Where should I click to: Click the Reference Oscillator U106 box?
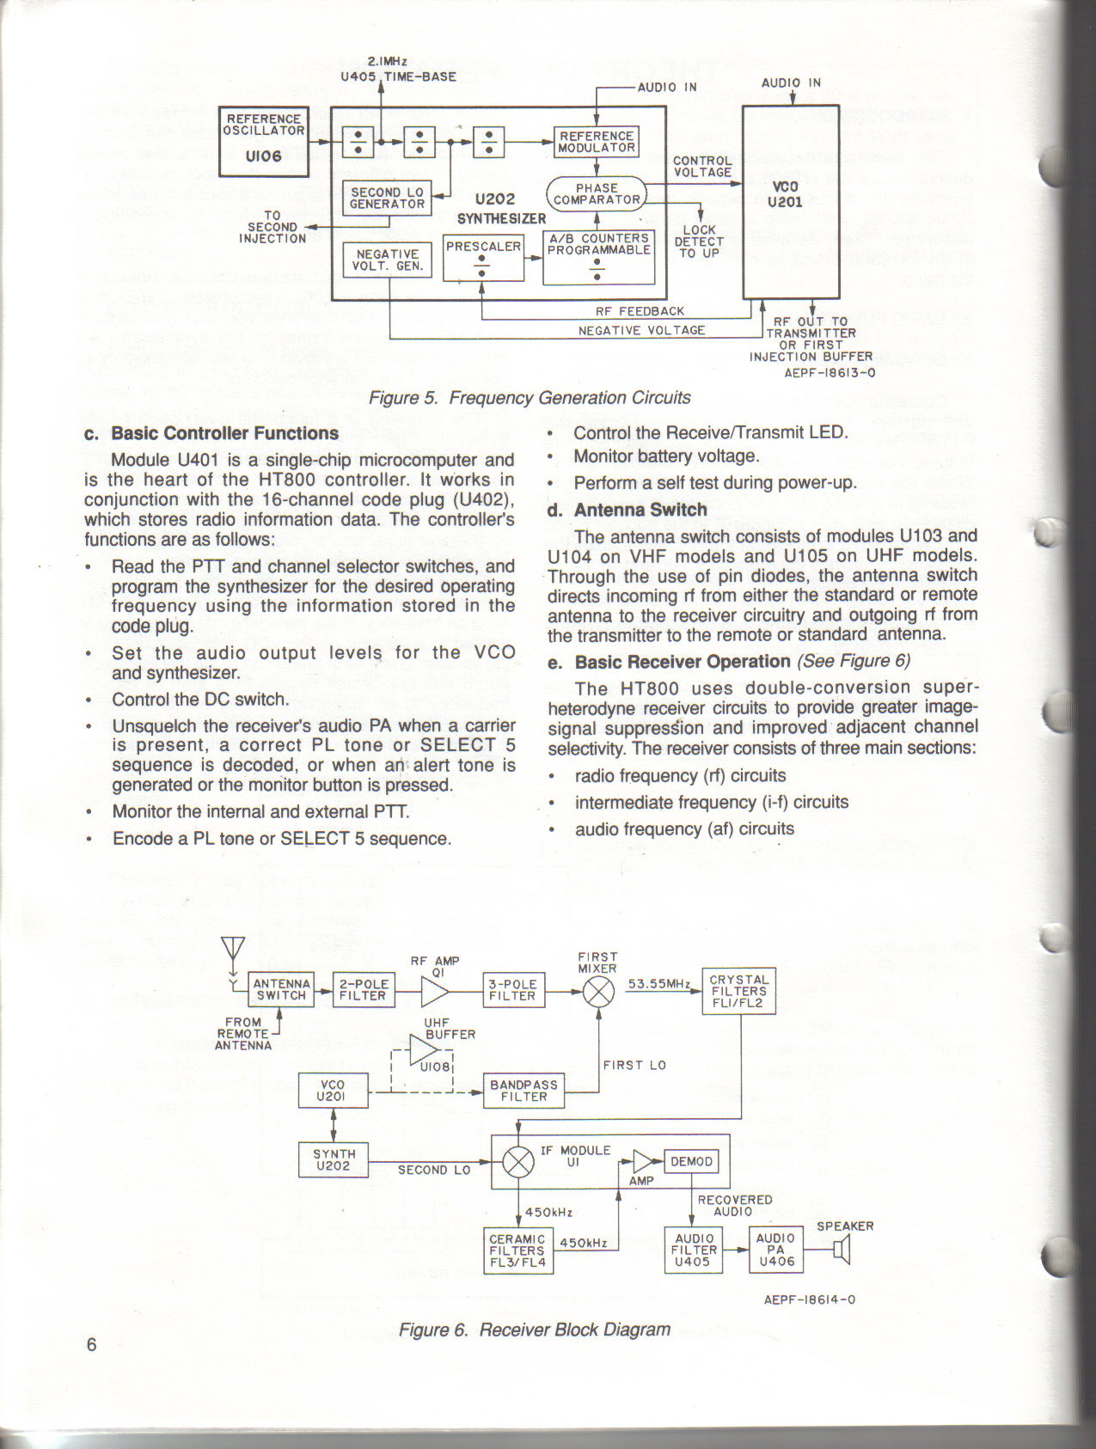point(263,141)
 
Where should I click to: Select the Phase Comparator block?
point(597,194)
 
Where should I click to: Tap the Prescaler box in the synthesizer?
point(483,257)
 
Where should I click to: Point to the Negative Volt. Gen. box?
point(387,260)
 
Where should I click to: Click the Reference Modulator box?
point(597,143)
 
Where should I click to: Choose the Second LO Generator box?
point(387,199)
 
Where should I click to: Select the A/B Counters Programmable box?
point(598,257)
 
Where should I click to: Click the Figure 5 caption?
point(530,398)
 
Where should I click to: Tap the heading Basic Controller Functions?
point(224,433)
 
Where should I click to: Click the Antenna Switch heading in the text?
point(640,510)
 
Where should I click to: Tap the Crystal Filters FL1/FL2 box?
point(738,991)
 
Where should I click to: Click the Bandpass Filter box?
point(524,1091)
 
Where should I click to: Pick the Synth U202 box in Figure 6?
point(334,1159)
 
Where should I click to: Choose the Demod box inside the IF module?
point(691,1162)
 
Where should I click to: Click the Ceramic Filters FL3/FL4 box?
point(517,1250)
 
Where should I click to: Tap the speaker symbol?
point(842,1250)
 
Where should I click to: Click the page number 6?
point(92,1345)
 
